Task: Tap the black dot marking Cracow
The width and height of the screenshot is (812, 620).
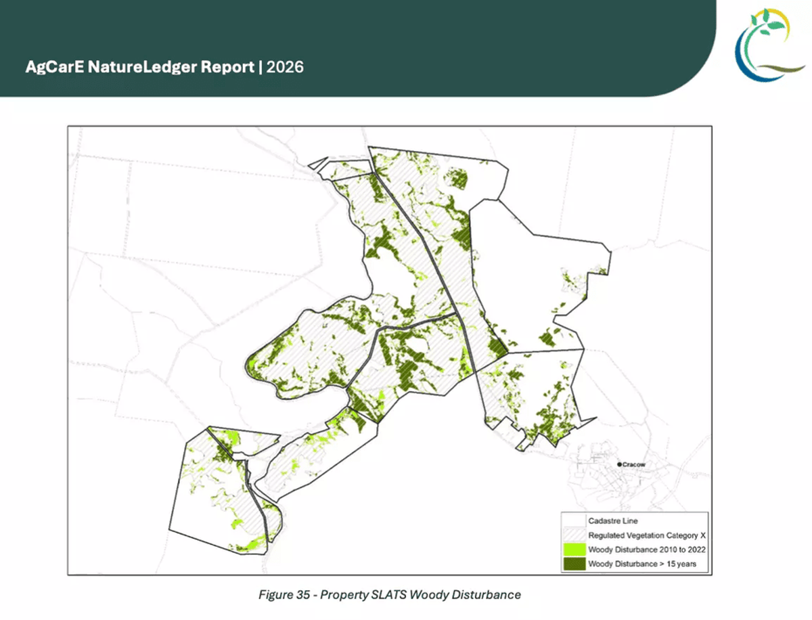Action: (619, 464)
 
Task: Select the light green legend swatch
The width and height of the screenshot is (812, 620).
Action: (573, 549)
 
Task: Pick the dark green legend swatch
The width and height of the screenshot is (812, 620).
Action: (573, 564)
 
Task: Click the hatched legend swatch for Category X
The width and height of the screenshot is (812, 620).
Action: (573, 535)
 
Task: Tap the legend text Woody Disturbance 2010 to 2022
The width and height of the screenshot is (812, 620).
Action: (647, 549)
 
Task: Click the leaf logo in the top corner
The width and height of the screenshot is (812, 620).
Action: (769, 46)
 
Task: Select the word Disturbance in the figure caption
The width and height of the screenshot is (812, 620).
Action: (489, 595)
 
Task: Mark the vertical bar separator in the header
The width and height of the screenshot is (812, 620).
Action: (261, 67)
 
